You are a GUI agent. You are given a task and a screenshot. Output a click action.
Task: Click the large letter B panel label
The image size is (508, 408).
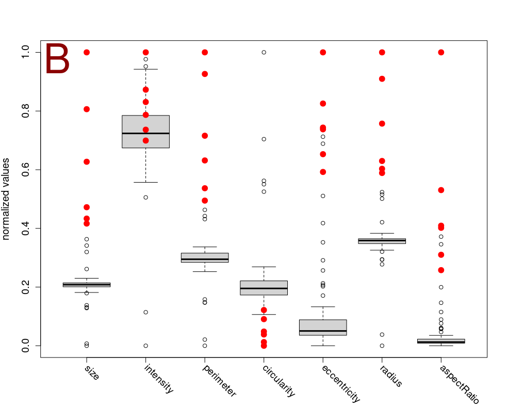[x=57, y=60]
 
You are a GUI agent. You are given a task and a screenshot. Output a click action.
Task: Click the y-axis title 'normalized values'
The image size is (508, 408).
[x=7, y=199]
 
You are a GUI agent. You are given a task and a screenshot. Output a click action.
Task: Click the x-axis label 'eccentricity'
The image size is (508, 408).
[x=340, y=384]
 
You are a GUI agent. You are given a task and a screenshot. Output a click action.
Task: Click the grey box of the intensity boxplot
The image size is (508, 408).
[x=145, y=132]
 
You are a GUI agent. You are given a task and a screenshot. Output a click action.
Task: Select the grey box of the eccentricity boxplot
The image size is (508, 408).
[x=323, y=328]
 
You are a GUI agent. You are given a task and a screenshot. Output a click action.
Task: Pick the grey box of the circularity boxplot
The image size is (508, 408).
[x=264, y=288]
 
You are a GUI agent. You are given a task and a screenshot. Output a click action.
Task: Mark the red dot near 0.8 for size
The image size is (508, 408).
[x=87, y=109]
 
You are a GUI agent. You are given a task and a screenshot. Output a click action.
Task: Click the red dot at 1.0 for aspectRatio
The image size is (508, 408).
[x=441, y=52]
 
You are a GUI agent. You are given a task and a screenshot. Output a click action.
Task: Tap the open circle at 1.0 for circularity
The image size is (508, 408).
[x=264, y=52]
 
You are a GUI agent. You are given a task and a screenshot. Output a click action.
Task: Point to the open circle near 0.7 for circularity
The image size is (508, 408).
[x=264, y=139]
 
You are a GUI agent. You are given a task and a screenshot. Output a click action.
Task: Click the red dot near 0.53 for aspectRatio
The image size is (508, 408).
[x=441, y=190]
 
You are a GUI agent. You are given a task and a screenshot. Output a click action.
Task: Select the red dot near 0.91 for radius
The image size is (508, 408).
[x=382, y=79]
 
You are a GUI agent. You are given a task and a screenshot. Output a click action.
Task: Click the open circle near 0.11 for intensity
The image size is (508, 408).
[x=146, y=312]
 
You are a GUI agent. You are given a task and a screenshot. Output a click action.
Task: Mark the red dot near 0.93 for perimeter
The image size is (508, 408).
[x=205, y=74]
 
